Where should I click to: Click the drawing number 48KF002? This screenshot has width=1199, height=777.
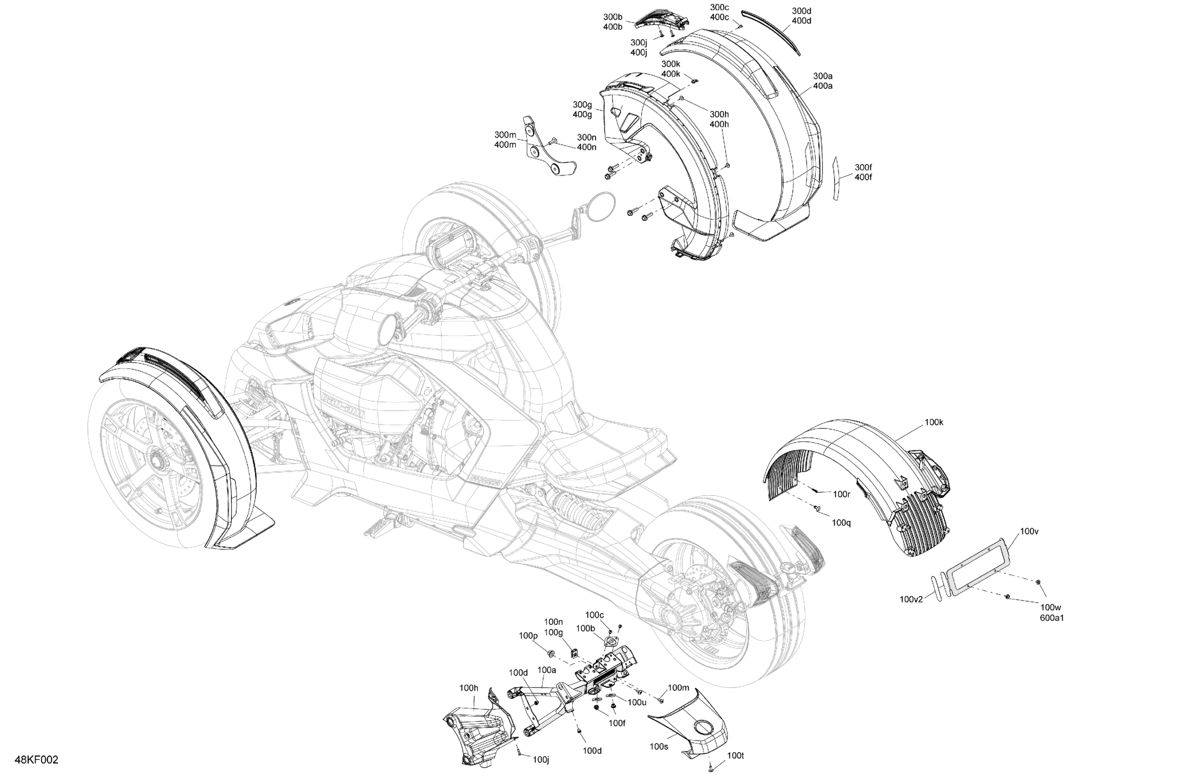tap(36, 760)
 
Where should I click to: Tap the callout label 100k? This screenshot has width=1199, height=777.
tap(933, 422)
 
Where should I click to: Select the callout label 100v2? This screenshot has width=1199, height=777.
tap(911, 599)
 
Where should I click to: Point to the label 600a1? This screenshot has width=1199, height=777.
tap(1051, 617)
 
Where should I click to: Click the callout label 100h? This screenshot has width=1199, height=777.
tap(469, 688)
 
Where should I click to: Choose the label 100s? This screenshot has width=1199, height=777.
tap(658, 746)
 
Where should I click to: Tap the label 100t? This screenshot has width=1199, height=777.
tap(735, 756)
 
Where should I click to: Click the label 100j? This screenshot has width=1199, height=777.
tap(541, 759)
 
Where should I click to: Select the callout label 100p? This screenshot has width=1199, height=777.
tap(528, 636)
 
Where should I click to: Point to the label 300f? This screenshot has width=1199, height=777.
tap(863, 167)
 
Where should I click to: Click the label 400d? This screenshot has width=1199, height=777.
tap(801, 21)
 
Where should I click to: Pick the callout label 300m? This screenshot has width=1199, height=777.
tap(505, 135)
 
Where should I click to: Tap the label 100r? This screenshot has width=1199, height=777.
tap(841, 495)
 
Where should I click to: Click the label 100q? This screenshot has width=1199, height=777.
tap(841, 523)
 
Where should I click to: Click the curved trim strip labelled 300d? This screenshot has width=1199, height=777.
tap(771, 32)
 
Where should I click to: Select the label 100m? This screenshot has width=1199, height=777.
tap(678, 687)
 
